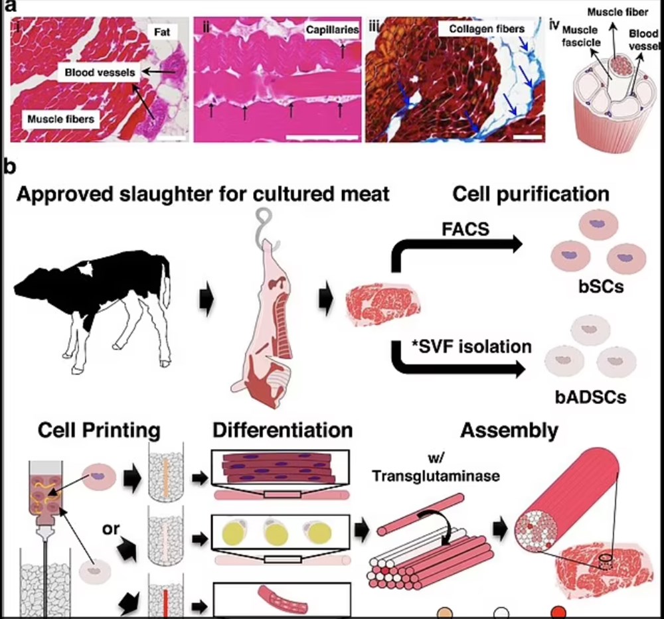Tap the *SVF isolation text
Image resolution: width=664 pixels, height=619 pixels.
point(471,346)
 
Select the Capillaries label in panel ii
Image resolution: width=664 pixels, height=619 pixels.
point(332,30)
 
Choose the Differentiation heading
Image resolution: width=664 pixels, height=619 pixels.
point(282,430)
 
